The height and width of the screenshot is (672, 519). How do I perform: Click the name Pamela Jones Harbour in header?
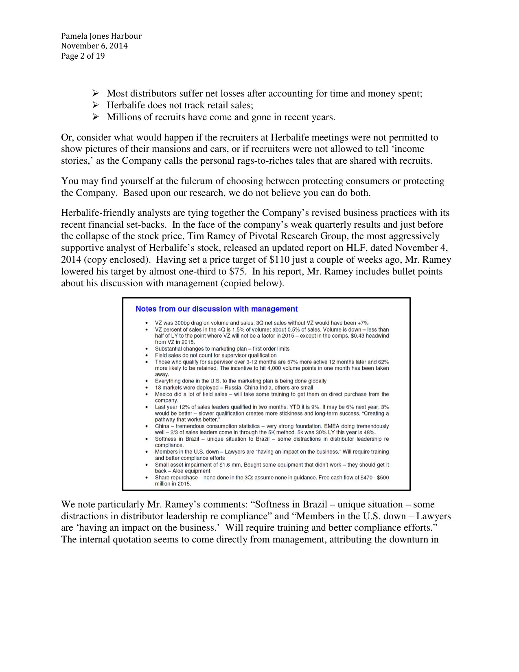[101, 36]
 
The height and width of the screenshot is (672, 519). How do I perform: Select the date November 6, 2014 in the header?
[94, 46]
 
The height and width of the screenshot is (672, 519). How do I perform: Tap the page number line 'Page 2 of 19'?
[83, 56]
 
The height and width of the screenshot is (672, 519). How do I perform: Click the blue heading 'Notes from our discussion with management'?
[217, 309]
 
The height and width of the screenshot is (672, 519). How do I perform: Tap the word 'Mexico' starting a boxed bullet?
[164, 394]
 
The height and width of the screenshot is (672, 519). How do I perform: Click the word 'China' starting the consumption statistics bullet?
[162, 426]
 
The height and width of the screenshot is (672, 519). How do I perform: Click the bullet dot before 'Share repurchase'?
[146, 478]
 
